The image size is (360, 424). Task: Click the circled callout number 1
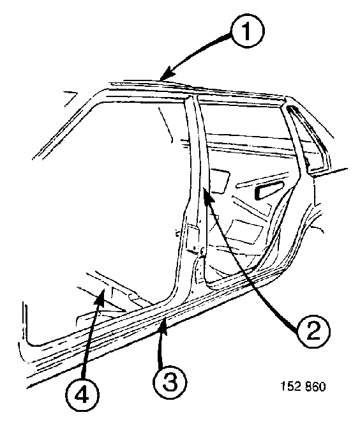(x=247, y=31)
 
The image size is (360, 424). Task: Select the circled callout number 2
(x=313, y=331)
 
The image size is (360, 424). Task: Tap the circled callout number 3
(x=170, y=382)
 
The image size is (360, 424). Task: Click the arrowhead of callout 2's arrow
(x=207, y=195)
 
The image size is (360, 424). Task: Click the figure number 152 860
(x=303, y=386)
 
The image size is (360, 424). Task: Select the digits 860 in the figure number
(x=315, y=386)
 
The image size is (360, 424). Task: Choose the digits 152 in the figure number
(x=290, y=386)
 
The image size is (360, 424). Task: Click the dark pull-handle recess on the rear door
(x=269, y=191)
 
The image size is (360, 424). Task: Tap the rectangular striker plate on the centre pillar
(x=192, y=238)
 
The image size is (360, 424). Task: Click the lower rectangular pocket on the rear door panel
(x=247, y=231)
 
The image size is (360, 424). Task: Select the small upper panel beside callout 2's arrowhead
(x=220, y=181)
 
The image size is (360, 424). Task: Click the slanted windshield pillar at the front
(x=68, y=125)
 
